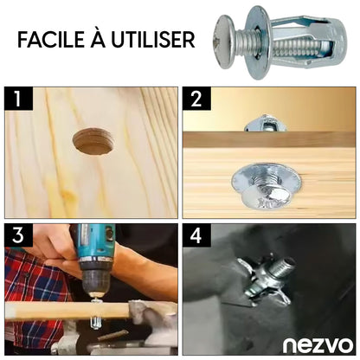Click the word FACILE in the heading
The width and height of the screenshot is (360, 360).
[x=51, y=39]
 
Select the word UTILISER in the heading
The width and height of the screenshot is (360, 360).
[x=153, y=39]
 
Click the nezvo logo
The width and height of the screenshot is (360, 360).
[x=318, y=345]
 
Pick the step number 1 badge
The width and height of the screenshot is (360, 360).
[x=18, y=99]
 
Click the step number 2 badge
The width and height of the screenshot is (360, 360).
[x=196, y=99]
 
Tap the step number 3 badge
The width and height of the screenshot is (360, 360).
[x=18, y=235]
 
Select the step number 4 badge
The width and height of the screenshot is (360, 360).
[x=196, y=235]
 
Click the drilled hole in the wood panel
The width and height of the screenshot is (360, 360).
[x=93, y=141]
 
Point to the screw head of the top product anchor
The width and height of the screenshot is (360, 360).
[x=225, y=42]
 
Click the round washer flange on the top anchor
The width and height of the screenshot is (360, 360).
[x=258, y=42]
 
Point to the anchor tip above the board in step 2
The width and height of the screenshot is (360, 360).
[x=266, y=124]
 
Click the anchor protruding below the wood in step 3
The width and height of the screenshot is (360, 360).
[x=97, y=322]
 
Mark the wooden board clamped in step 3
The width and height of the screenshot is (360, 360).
[x=67, y=311]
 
